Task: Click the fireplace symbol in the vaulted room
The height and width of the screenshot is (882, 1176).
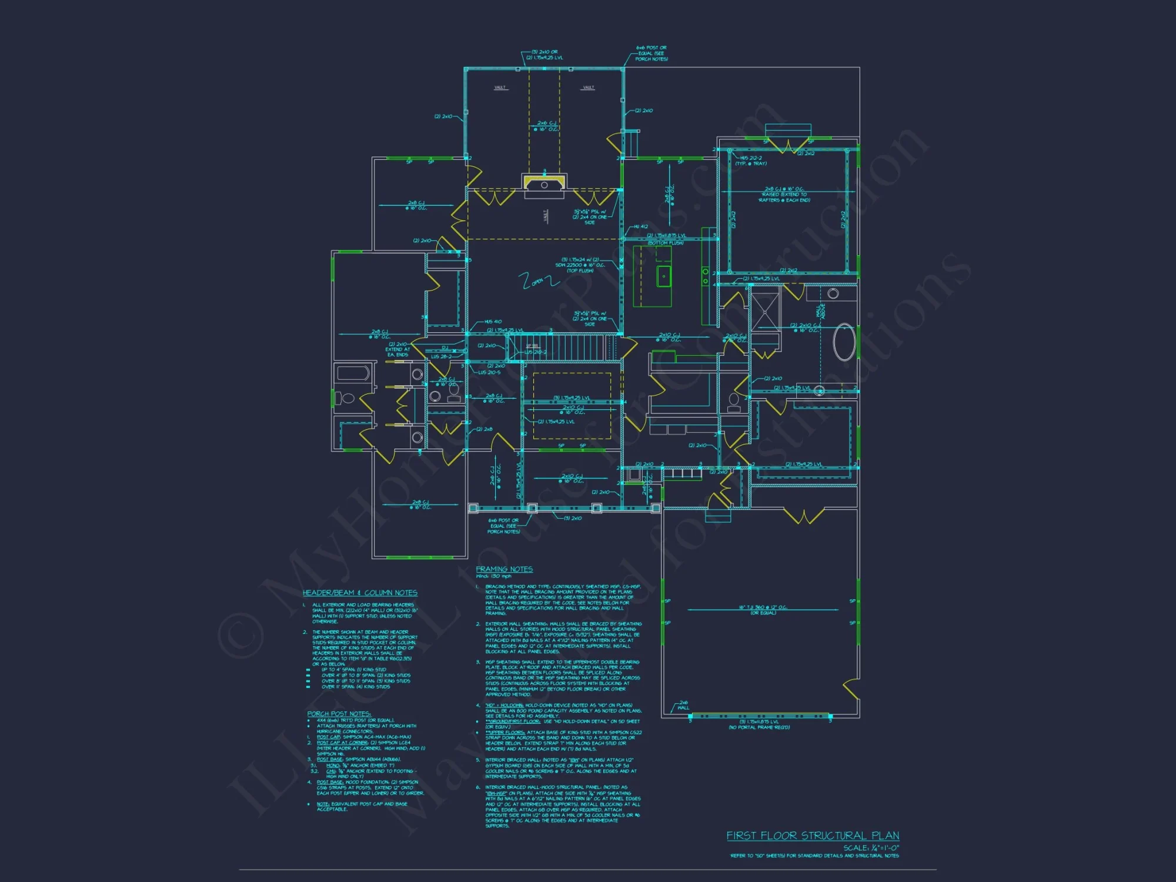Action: click(x=544, y=183)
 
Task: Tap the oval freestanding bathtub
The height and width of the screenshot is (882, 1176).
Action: click(x=844, y=342)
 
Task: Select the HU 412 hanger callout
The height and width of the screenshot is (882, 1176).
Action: click(x=640, y=226)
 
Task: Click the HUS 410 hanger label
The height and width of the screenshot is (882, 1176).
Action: click(x=493, y=322)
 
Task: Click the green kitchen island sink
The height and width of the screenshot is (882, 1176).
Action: click(x=664, y=276)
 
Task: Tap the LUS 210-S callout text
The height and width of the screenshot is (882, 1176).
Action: click(x=489, y=372)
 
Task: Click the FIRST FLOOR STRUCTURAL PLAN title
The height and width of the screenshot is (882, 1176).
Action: click(x=813, y=836)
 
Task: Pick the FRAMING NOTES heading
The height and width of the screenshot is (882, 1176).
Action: click(x=504, y=569)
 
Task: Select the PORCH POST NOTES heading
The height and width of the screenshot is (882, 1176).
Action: click(x=339, y=714)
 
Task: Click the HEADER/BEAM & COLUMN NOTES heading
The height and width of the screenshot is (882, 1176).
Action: click(x=360, y=593)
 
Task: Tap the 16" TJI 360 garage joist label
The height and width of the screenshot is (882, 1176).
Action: click(x=763, y=607)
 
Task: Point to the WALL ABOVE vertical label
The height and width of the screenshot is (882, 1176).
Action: click(x=820, y=311)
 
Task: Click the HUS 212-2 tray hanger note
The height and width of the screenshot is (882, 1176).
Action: click(x=751, y=161)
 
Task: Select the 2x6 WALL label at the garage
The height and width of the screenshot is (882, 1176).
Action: click(x=683, y=705)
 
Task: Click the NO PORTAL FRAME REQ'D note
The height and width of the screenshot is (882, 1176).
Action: click(x=759, y=727)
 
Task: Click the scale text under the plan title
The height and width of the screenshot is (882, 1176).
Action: click(x=871, y=848)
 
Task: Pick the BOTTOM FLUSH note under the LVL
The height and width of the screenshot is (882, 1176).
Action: click(x=666, y=243)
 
